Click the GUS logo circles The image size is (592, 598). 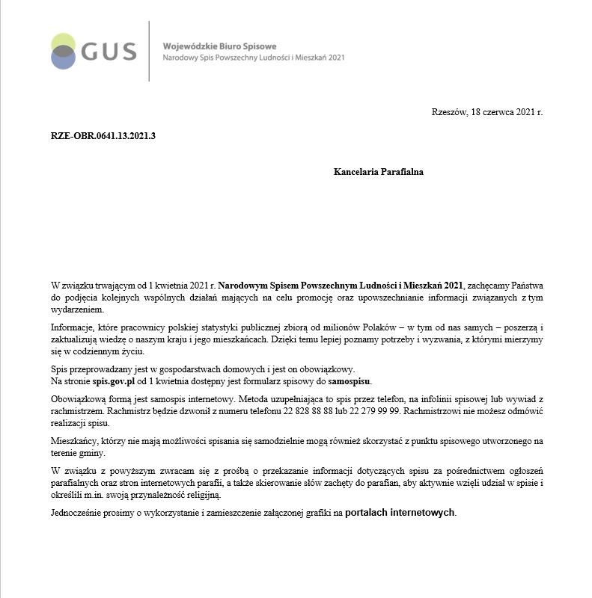pos(63,51)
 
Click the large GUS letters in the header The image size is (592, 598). pos(109,52)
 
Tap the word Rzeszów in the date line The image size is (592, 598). pos(448,112)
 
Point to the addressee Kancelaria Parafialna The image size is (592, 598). pos(379,171)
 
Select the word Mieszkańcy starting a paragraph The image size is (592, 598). pos(75,441)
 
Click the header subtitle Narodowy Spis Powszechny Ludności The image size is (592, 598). pos(225,58)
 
